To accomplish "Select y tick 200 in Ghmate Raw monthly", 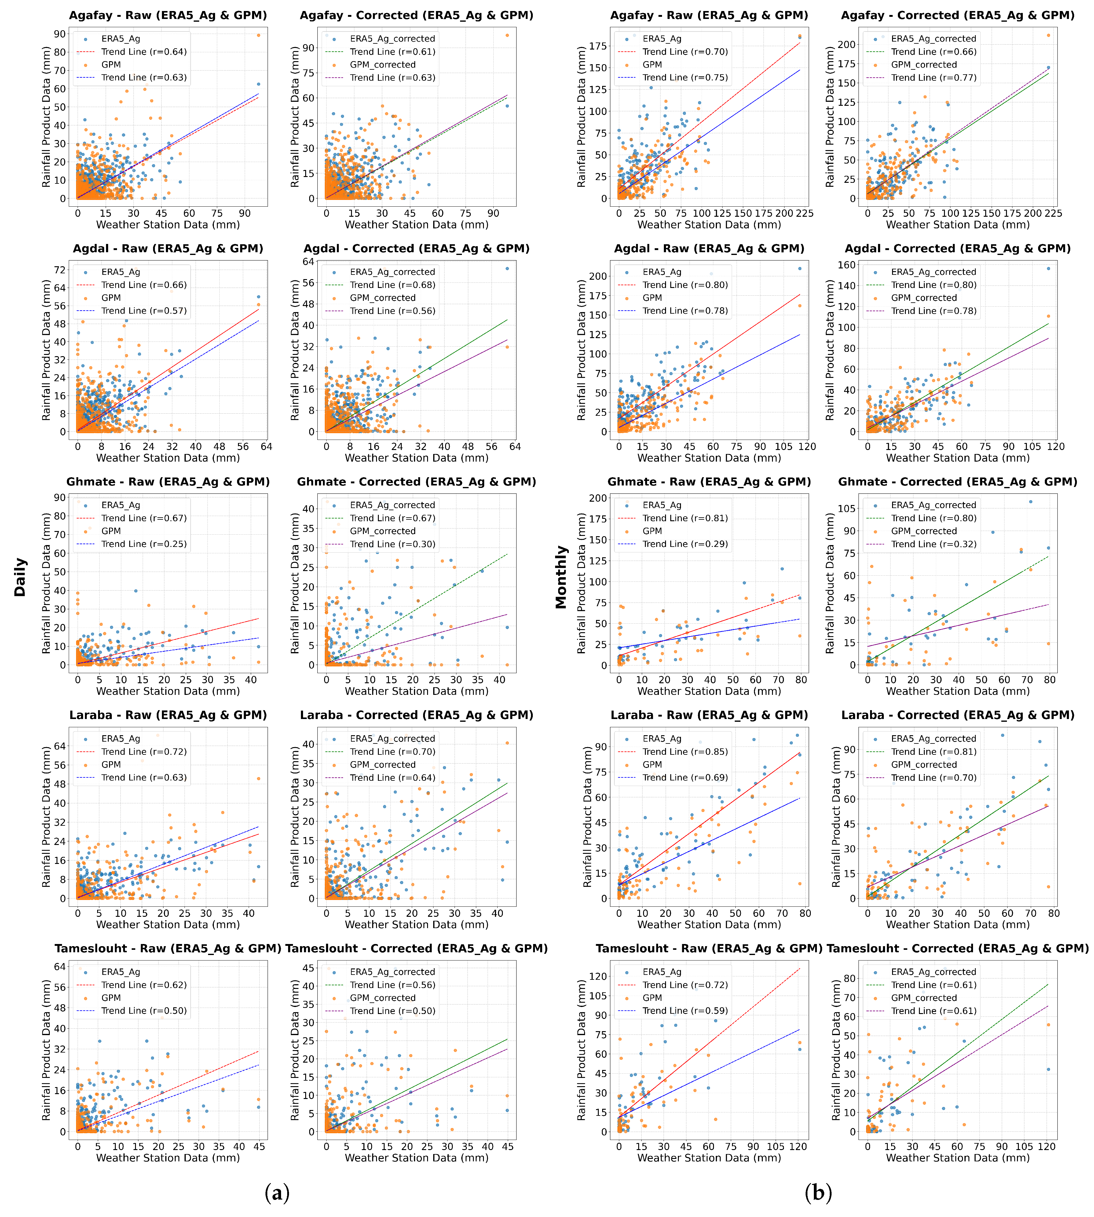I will pyautogui.click(x=598, y=498).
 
